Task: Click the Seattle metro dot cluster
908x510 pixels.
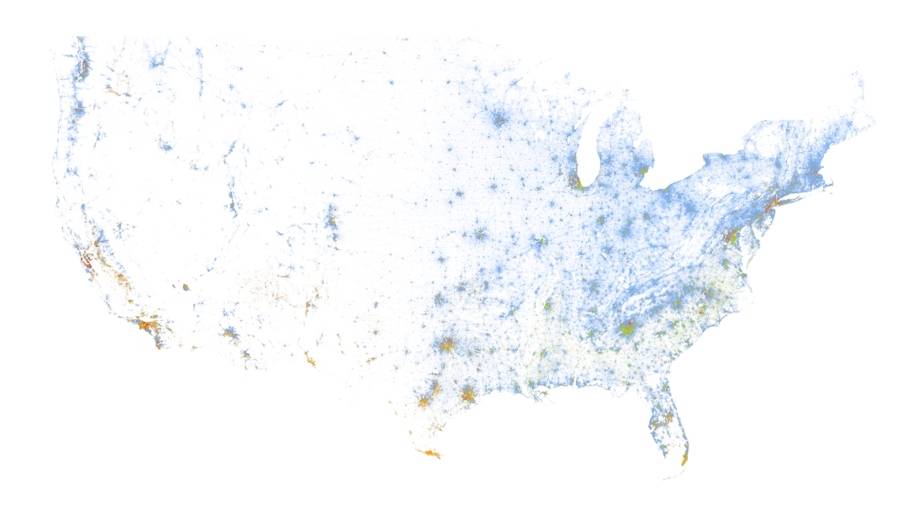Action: click(82, 66)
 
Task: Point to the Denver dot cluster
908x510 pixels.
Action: click(331, 220)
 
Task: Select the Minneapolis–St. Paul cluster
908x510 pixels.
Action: click(499, 120)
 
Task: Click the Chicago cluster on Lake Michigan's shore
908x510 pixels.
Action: click(576, 180)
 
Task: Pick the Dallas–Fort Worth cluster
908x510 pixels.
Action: click(445, 344)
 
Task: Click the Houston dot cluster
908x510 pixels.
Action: click(467, 394)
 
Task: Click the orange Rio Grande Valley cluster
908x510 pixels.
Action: click(429, 455)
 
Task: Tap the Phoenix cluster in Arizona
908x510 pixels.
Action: click(229, 334)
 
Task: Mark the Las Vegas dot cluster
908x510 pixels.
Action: click(185, 287)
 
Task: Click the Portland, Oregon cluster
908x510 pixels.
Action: click(77, 109)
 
